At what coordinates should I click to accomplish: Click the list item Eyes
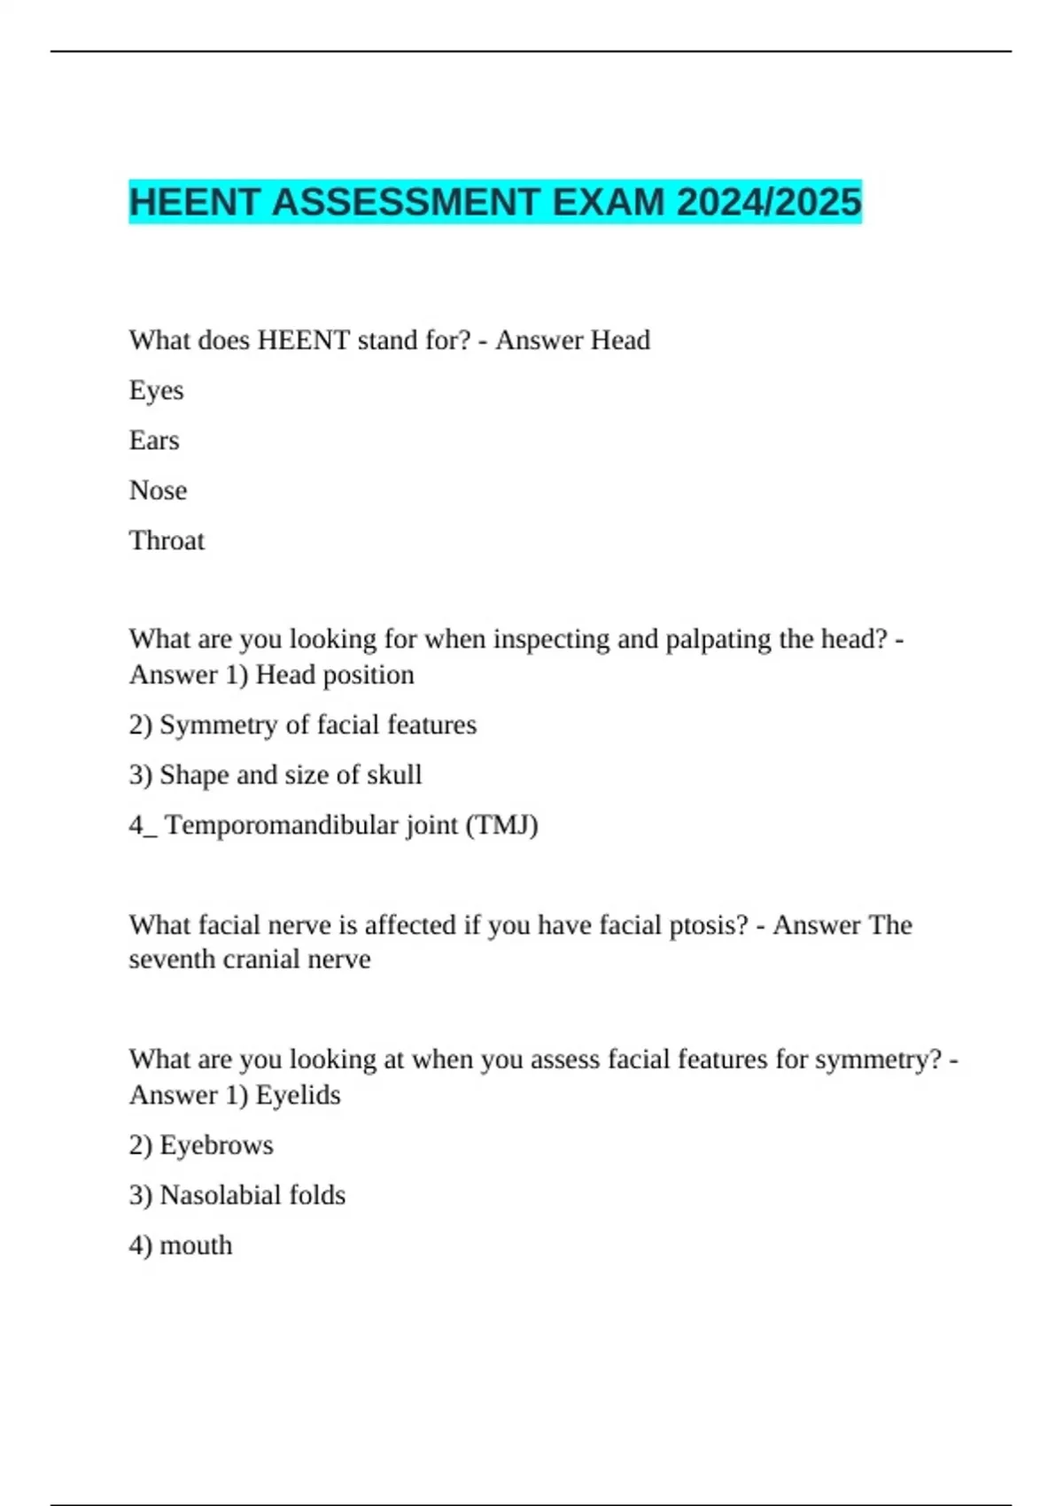[x=156, y=391]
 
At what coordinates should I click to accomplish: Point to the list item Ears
[x=154, y=440]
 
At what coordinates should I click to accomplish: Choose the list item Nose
[x=158, y=491]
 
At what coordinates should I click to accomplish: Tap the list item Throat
[x=167, y=540]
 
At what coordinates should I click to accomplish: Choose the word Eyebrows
[x=216, y=1145]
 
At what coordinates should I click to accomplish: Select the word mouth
[x=196, y=1246]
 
